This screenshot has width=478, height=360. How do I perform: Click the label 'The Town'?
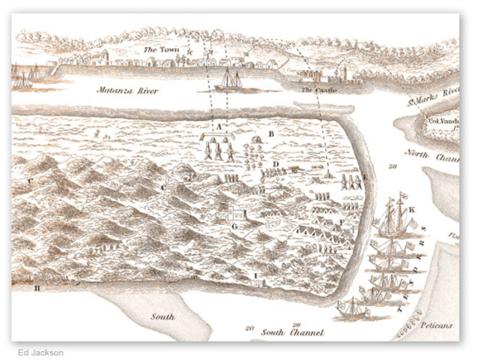click(159, 50)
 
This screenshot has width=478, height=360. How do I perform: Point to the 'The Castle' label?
click(318, 90)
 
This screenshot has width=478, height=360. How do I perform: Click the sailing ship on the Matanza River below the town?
click(229, 80)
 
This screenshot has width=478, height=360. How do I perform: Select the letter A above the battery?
click(220, 128)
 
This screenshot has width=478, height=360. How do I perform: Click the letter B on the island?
click(271, 134)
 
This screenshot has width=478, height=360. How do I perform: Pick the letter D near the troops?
click(276, 163)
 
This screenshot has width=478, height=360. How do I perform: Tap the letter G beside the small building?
click(234, 225)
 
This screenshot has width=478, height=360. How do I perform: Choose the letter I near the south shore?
click(255, 275)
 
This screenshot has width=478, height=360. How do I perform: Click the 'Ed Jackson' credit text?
click(41, 352)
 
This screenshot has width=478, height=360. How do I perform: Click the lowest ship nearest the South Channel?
click(352, 307)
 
